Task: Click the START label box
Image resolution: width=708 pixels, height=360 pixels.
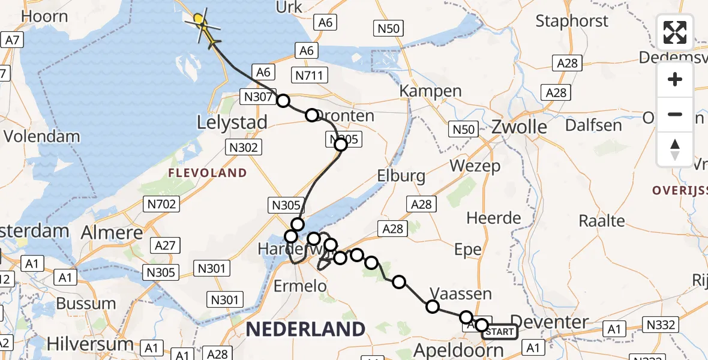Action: [x=500, y=332]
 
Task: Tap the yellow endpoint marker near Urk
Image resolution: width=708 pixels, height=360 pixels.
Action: [x=199, y=20]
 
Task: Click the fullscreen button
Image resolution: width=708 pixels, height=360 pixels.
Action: [x=675, y=32]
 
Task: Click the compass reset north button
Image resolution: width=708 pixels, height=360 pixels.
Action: [x=675, y=149]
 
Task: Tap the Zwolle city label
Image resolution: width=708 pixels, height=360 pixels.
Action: [x=520, y=127]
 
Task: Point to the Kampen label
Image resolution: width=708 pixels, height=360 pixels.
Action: [x=431, y=91]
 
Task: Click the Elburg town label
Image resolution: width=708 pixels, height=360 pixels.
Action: [x=401, y=176]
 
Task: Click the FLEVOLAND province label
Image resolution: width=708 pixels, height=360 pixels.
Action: [x=208, y=173]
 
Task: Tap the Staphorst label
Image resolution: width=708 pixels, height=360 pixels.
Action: [x=572, y=21]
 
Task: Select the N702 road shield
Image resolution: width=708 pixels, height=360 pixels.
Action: [x=161, y=204]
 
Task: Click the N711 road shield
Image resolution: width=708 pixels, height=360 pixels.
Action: [x=309, y=75]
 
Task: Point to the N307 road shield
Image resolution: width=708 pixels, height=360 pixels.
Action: [x=258, y=97]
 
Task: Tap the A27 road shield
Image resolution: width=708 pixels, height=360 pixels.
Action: [x=165, y=245]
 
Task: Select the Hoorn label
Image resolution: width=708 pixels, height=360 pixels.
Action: [x=44, y=16]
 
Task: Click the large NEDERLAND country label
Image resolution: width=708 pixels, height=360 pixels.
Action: [x=305, y=329]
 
